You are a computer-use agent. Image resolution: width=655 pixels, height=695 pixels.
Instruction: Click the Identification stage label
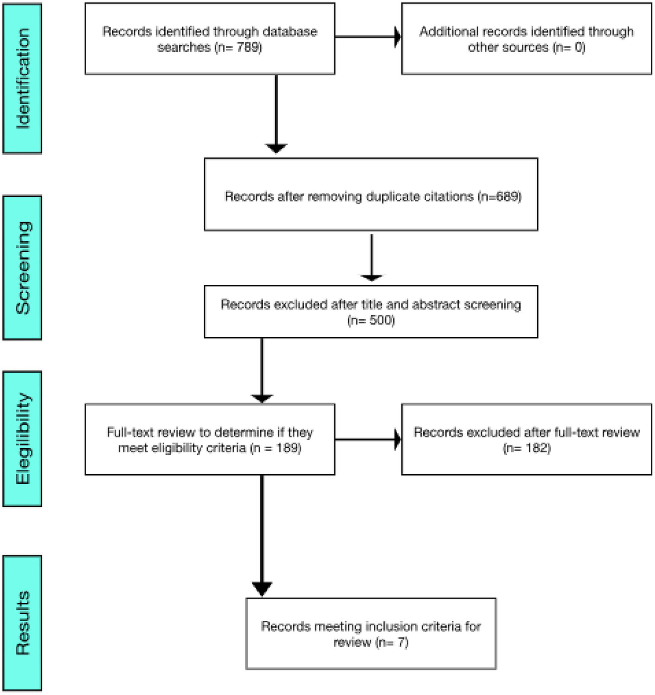[22, 79]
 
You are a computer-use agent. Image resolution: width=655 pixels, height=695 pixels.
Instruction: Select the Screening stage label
[22, 268]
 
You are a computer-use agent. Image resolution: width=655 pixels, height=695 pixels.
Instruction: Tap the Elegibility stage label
[22, 438]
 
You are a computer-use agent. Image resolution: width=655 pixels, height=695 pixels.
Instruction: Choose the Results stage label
[22, 623]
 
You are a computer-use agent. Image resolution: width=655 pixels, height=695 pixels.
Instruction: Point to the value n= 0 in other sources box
[569, 47]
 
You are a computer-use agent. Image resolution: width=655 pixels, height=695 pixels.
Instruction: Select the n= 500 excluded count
[371, 320]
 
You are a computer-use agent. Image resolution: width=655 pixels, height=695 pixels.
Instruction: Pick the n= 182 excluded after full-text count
[527, 448]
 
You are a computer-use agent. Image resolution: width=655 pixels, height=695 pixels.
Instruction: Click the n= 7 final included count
[393, 642]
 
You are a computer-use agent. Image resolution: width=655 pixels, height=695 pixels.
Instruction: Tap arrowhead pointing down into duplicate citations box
[276, 148]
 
